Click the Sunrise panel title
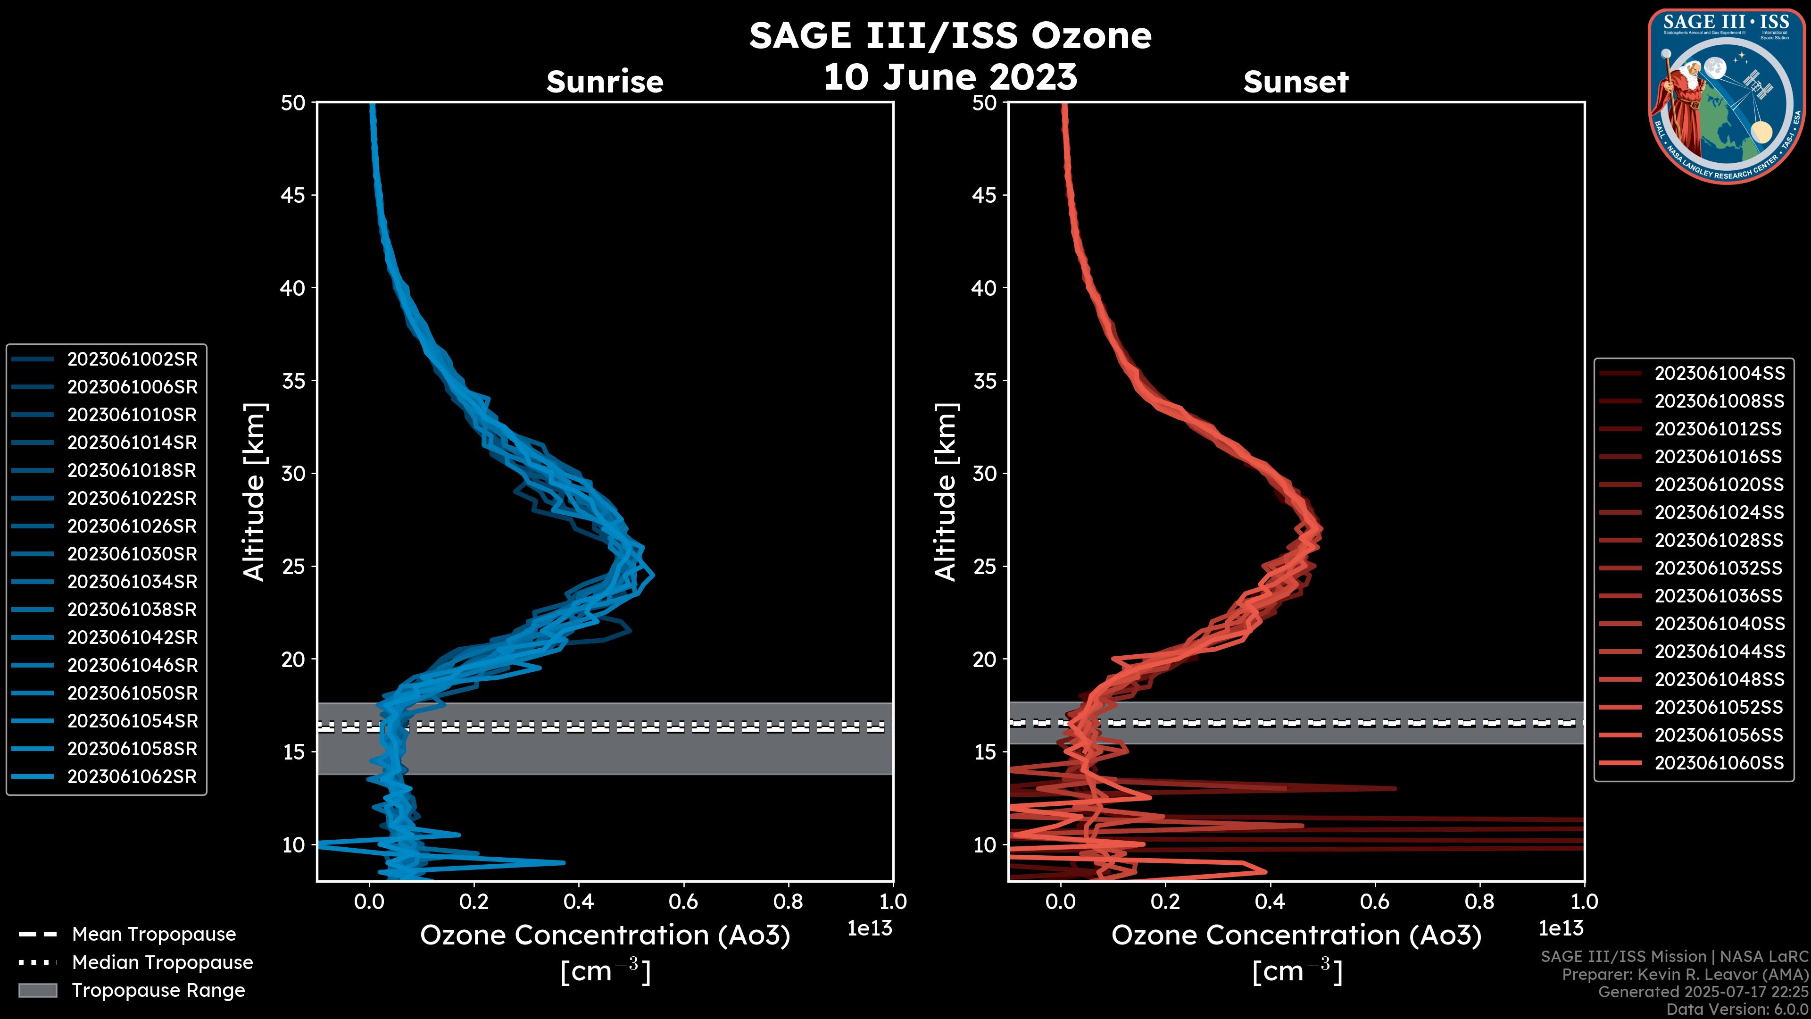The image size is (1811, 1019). tap(605, 82)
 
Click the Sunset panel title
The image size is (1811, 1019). tap(1296, 82)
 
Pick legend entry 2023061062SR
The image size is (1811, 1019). tap(132, 777)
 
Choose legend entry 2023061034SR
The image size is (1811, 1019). tap(132, 582)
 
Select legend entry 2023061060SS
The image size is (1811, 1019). tap(1719, 762)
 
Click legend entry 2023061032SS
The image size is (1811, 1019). tap(1719, 568)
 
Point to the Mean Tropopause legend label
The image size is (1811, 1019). tap(154, 934)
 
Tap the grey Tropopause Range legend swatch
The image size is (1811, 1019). tap(37, 990)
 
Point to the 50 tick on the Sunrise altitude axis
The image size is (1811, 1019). tap(294, 103)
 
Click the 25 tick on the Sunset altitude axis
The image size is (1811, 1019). tap(985, 566)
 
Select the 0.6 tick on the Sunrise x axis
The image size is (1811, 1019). tap(683, 902)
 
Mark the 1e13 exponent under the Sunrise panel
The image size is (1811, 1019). tap(870, 928)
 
